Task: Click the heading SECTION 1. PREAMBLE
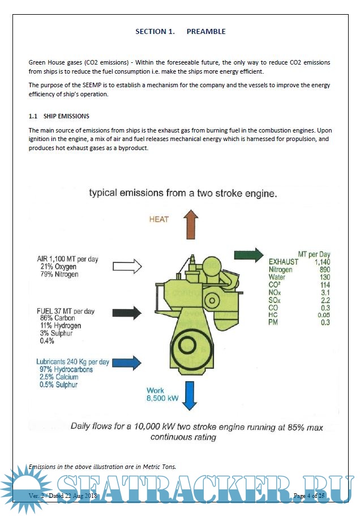pyautogui.click(x=180, y=32)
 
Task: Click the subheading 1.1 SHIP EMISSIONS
pyautogui.click(x=59, y=116)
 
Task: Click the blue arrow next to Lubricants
pyautogui.click(x=129, y=362)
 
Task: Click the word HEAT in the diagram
pyautogui.click(x=159, y=219)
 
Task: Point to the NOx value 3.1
pyautogui.click(x=325, y=292)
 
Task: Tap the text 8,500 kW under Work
pyautogui.click(x=162, y=398)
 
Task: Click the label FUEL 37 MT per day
pyautogui.click(x=66, y=311)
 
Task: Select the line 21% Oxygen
pyautogui.click(x=58, y=267)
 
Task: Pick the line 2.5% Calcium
pyautogui.click(x=58, y=377)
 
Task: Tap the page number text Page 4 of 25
pyautogui.click(x=309, y=496)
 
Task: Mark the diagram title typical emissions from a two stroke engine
pyautogui.click(x=182, y=193)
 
